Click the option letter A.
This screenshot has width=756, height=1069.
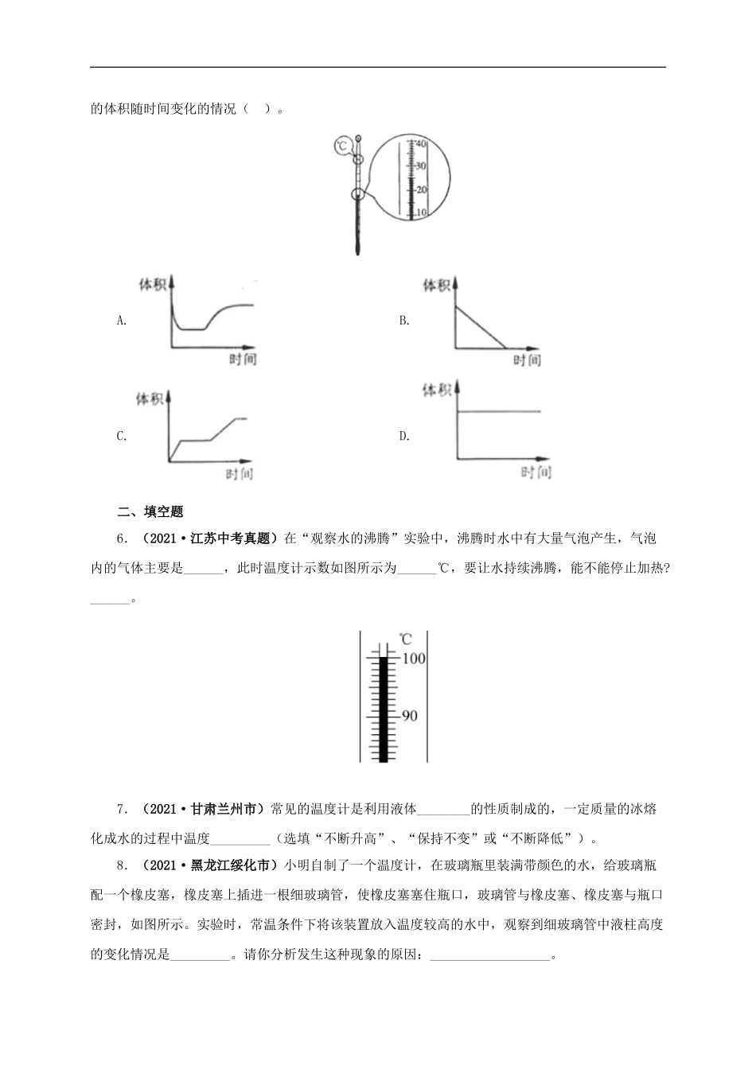pos(122,321)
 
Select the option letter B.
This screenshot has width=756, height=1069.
pos(404,321)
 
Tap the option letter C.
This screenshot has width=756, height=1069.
pos(122,436)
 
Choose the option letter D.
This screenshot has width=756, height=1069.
pos(404,436)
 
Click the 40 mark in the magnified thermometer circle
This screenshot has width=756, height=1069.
pos(422,144)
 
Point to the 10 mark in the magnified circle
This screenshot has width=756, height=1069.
pos(422,213)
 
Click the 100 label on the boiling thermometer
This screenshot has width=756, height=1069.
pos(414,659)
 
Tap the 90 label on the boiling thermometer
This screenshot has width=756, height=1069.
pos(409,716)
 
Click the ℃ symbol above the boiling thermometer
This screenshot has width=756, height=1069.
pos(405,639)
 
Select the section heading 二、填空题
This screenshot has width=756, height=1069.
pos(150,511)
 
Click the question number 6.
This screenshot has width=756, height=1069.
pos(122,539)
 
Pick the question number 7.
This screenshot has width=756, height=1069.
pos(122,810)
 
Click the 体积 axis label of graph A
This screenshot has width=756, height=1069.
pos(152,285)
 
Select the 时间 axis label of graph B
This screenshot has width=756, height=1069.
pos(526,360)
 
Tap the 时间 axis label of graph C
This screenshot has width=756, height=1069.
pos(240,475)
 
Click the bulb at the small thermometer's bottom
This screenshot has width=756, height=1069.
pos(358,247)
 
